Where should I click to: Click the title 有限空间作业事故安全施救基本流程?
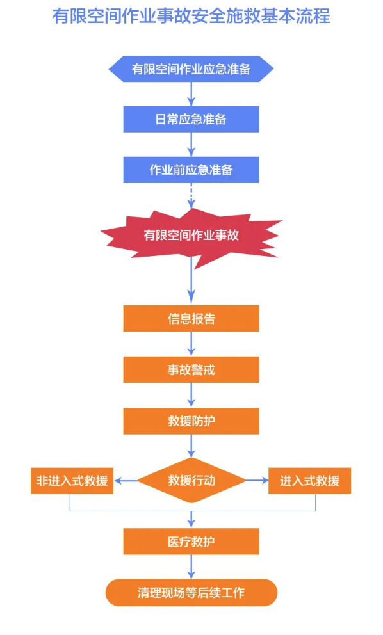tap(191, 17)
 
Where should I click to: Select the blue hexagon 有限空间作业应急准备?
tap(191, 69)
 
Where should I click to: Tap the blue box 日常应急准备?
tap(191, 119)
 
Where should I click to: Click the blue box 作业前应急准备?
tap(191, 170)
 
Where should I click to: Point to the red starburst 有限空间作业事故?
tap(191, 236)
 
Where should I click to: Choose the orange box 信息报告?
tap(191, 318)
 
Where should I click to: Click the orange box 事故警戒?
tap(191, 369)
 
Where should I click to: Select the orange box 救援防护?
tap(191, 421)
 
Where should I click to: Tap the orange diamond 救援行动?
tap(191, 480)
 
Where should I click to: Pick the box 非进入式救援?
tap(72, 481)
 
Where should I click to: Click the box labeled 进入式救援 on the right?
tap(309, 481)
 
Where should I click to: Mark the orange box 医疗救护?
tap(191, 542)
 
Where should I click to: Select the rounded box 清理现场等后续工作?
tap(191, 593)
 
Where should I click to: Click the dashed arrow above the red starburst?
tap(191, 196)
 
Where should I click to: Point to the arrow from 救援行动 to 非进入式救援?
tap(126, 481)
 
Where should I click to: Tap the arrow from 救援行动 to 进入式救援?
tap(257, 481)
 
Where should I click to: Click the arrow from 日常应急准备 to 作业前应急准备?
tap(191, 145)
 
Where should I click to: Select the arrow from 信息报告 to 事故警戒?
tap(191, 344)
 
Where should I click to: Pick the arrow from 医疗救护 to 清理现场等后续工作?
tap(191, 567)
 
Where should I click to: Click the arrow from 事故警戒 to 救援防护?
tap(191, 395)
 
